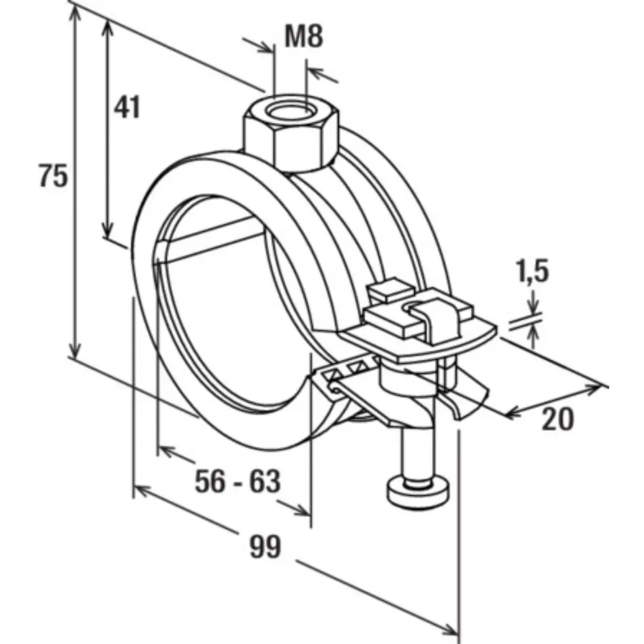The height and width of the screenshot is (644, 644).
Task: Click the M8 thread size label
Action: (304, 35)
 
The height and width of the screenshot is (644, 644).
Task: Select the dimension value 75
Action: (53, 175)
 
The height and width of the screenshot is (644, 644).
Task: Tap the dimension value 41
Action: (127, 107)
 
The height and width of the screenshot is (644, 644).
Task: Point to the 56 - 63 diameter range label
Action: (238, 481)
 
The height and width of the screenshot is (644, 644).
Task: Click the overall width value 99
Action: (265, 547)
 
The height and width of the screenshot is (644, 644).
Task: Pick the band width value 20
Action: (557, 419)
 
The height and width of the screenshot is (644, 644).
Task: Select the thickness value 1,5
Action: (533, 271)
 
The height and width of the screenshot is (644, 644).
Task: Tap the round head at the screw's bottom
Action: (419, 493)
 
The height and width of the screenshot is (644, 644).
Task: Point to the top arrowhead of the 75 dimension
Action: (74, 13)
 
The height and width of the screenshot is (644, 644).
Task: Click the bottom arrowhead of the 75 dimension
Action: (74, 350)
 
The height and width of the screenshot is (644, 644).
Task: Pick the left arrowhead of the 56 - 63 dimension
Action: (166, 451)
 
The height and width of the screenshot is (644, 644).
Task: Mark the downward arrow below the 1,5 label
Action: (533, 303)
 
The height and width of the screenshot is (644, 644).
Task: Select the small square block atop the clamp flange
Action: (390, 290)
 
